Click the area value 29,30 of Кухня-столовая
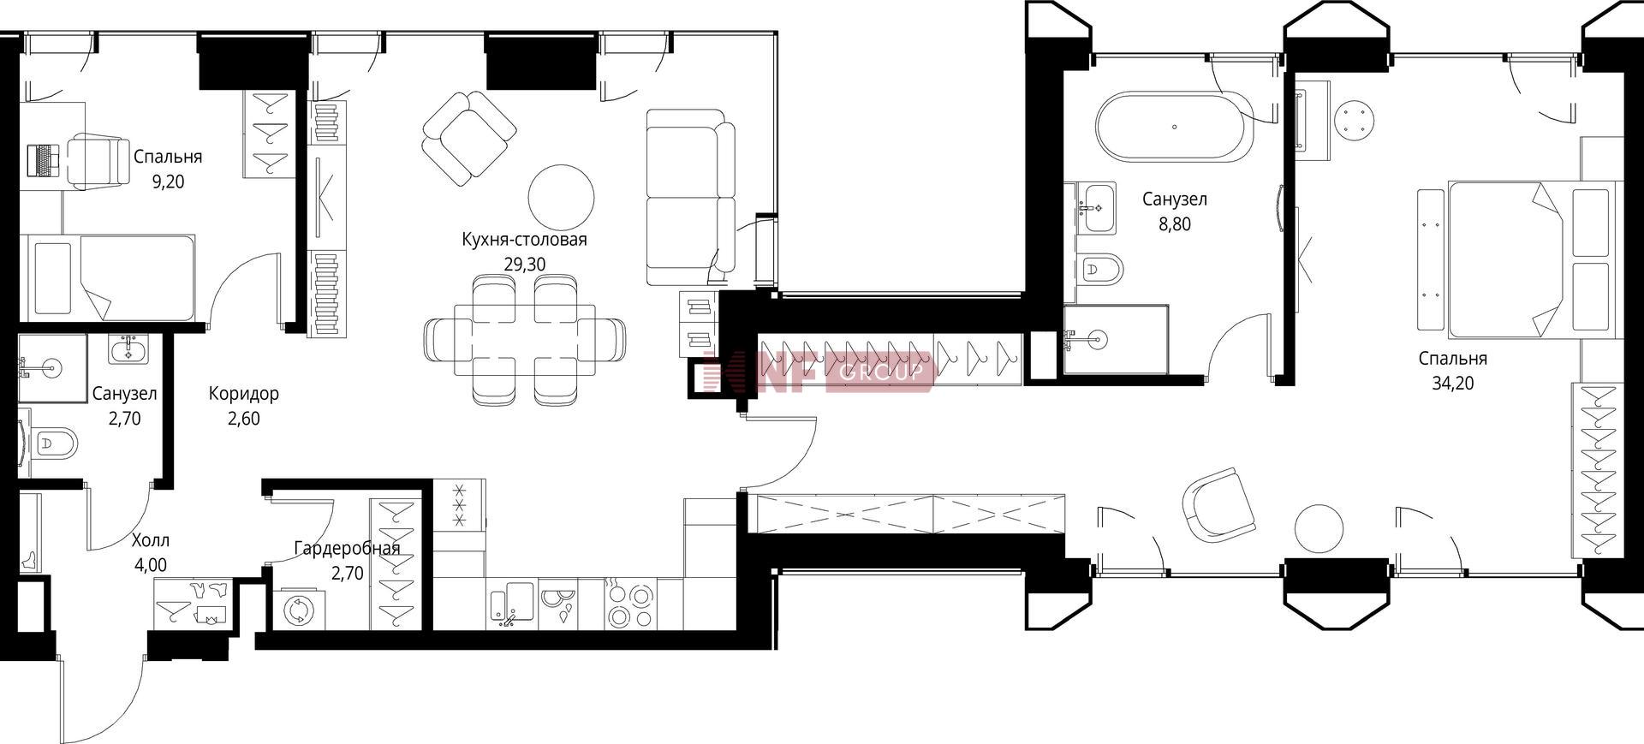[524, 265]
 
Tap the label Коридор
[244, 394]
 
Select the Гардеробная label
[347, 548]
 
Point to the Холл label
[151, 540]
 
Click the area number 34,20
[1453, 384]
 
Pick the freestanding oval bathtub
[1175, 128]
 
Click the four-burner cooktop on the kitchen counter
[630, 604]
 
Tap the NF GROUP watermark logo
[815, 372]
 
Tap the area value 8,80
[1175, 224]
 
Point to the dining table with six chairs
[525, 339]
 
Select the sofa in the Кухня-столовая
[690, 197]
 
